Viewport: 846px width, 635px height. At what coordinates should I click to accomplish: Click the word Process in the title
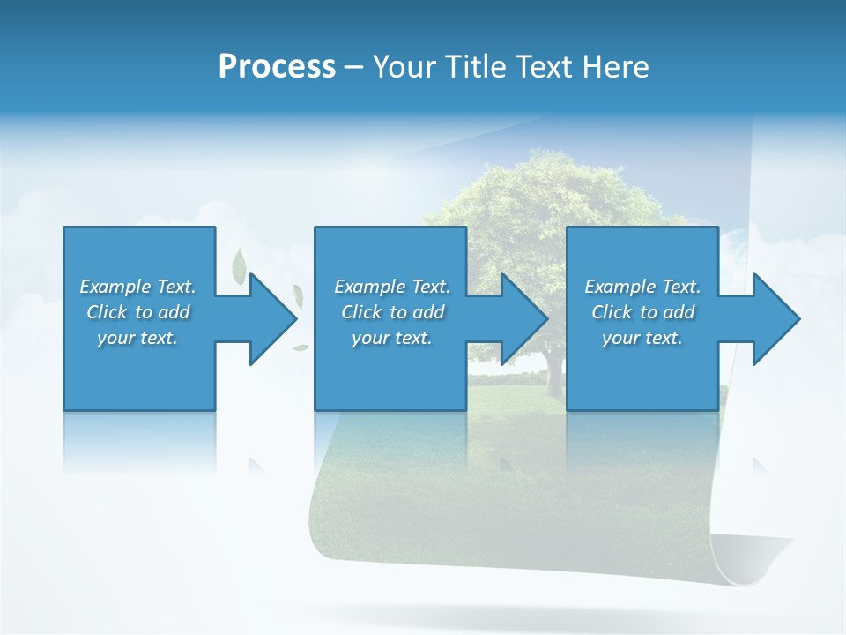277,67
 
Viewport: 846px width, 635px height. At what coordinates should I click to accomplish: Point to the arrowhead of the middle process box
523,318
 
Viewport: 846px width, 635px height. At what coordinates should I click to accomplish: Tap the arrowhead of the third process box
775,318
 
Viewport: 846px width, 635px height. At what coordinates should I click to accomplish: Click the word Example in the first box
115,287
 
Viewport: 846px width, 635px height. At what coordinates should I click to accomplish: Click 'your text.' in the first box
137,338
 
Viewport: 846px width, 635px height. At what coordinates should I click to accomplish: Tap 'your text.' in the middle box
392,338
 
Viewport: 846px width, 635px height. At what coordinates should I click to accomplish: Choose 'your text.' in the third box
642,338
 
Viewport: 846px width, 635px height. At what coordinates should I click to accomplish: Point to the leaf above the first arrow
239,265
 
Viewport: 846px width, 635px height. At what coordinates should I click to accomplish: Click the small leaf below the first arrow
301,347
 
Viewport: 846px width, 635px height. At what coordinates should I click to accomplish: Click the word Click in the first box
108,312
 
